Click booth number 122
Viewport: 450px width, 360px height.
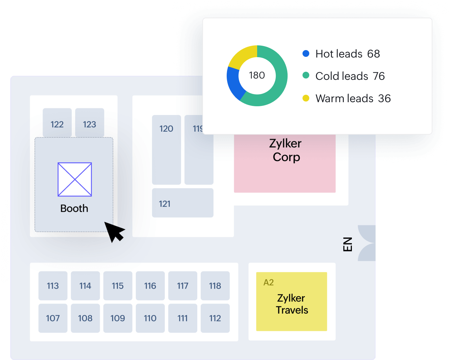[57, 123]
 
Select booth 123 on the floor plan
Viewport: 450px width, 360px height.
[90, 123]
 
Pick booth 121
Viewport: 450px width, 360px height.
[183, 203]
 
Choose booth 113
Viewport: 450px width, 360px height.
[53, 286]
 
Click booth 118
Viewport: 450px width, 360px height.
[215, 286]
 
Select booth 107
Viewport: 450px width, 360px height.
[53, 318]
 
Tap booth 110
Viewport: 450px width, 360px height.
[150, 318]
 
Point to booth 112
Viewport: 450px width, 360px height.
[215, 318]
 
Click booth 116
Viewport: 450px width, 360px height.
[150, 286]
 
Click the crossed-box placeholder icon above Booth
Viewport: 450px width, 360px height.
[75, 179]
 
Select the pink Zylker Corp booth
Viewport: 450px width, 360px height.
[285, 169]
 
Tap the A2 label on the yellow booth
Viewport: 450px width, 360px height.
[269, 283]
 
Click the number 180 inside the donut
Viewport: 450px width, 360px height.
[257, 75]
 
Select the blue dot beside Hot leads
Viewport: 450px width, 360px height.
[306, 53]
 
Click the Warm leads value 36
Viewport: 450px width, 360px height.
[384, 98]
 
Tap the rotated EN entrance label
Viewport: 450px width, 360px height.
[347, 244]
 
